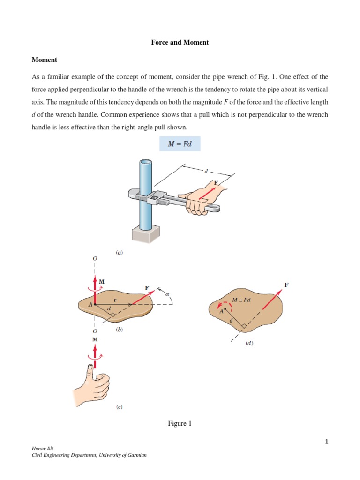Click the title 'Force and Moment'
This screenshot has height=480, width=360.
pos(180,42)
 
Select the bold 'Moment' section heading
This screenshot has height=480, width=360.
pos(44,60)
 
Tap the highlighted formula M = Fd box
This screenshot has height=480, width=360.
pos(180,143)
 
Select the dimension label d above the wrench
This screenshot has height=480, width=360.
pos(206,172)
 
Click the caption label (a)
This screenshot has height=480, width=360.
pos(119,252)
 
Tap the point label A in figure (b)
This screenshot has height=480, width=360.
pos(84,304)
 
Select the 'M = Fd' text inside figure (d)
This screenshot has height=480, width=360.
pos(242,300)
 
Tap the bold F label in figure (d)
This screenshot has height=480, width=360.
pos(286,285)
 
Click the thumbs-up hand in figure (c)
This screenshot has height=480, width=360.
pos(94,384)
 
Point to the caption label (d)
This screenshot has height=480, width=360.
pos(249,343)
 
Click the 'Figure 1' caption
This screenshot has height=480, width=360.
pos(180,423)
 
